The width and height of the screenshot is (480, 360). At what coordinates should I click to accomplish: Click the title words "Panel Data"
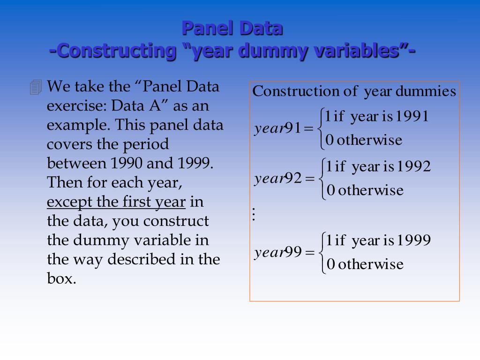point(232,28)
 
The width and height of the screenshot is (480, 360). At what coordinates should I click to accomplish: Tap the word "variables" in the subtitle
point(358,51)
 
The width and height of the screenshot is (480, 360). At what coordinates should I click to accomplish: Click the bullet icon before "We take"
point(36,87)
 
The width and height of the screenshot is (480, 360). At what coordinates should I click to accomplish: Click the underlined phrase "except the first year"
point(116,202)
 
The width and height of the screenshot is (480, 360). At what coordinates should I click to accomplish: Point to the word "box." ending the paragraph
point(61,278)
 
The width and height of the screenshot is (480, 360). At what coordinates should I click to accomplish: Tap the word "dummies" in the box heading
point(426,91)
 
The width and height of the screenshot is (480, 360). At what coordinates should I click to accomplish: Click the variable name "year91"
point(277,128)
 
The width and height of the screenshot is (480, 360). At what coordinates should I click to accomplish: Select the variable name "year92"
point(277,179)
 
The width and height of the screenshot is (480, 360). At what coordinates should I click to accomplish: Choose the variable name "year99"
point(277,253)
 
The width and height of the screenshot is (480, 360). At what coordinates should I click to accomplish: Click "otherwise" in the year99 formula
point(370,264)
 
